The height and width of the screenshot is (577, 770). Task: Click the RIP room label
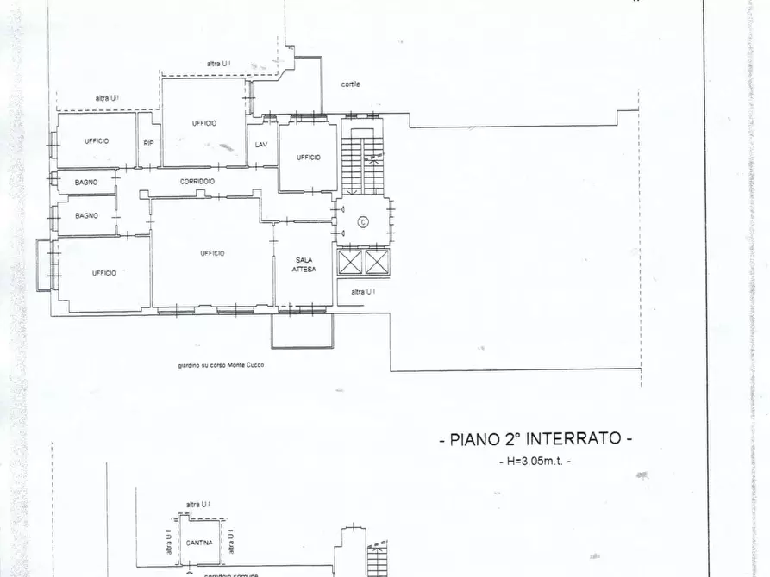coord(148,142)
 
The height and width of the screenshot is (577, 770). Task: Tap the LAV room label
coord(261,144)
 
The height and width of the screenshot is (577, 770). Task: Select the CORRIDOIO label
coord(197,181)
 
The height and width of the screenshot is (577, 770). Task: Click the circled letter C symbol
coord(363,221)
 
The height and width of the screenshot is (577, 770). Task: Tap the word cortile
coord(350,84)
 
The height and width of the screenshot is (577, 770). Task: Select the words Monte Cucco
coord(247,365)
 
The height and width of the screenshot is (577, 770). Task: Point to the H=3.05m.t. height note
coord(535,462)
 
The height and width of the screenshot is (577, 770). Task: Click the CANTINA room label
coord(199,543)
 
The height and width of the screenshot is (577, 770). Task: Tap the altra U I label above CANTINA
coord(198,504)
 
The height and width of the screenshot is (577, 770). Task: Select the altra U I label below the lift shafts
coord(363,292)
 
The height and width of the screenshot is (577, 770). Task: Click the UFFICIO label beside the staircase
coord(308,157)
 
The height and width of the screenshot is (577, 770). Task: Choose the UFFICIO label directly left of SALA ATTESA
coord(212,252)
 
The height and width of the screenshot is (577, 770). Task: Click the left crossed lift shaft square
coord(350,262)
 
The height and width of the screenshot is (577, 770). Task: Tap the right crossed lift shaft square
coord(377,262)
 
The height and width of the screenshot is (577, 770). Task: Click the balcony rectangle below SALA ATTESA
coord(302,330)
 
